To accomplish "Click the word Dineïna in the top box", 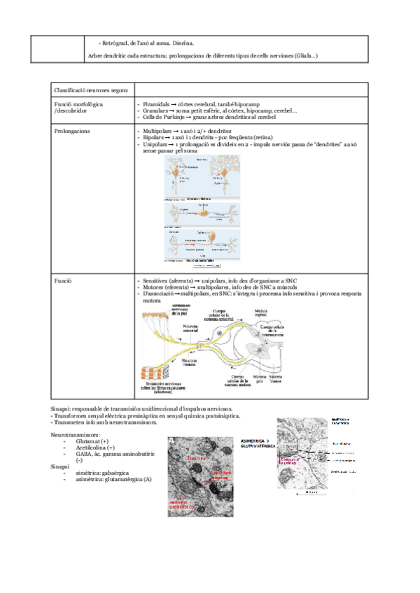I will (184, 43).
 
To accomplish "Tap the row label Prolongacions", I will (72, 130).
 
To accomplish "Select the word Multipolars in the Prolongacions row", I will (158, 130).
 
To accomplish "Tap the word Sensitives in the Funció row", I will (157, 280).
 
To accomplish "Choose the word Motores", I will (154, 287).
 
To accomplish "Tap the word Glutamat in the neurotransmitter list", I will (88, 441).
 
